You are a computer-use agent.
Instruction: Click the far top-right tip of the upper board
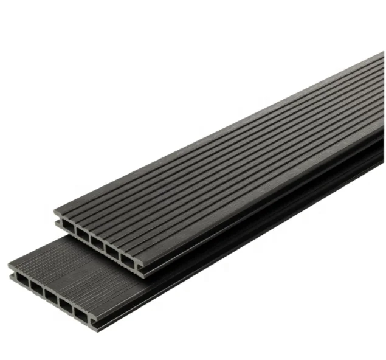click(x=382, y=54)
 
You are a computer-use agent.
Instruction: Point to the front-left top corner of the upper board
click(x=55, y=212)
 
